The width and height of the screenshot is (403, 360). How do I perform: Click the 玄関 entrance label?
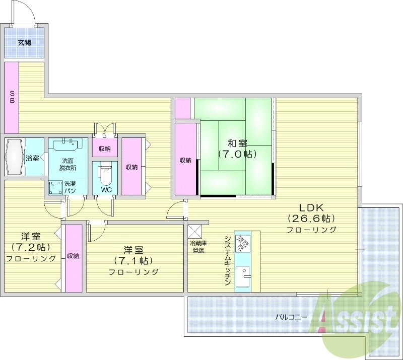24,43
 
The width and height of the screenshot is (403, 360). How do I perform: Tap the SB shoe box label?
12,96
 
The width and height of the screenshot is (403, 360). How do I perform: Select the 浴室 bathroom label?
33,158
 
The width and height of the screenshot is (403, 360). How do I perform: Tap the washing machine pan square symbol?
55,187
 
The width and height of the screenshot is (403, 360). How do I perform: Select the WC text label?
106,190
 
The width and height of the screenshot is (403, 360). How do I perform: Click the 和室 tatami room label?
236,142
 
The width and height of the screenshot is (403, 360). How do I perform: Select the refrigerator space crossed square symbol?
194,231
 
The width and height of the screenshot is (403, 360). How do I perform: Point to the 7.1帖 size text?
133,260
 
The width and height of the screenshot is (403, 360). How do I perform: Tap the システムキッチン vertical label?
228,261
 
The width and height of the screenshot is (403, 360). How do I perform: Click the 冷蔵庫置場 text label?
197,246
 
